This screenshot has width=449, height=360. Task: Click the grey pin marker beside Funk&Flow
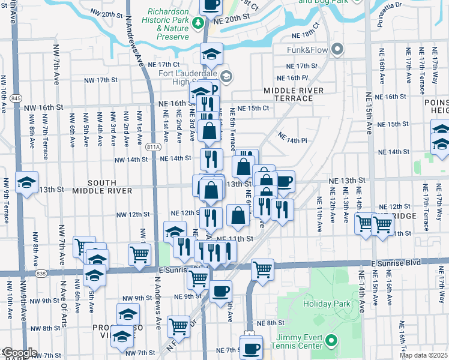(x=337, y=49)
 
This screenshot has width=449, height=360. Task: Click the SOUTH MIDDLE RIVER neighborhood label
(x=102, y=186)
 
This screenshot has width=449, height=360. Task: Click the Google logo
(x=19, y=353)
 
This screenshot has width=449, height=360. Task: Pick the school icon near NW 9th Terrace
(x=26, y=182)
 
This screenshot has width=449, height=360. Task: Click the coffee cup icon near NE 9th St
(x=221, y=291)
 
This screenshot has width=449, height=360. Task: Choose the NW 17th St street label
(x=100, y=79)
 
